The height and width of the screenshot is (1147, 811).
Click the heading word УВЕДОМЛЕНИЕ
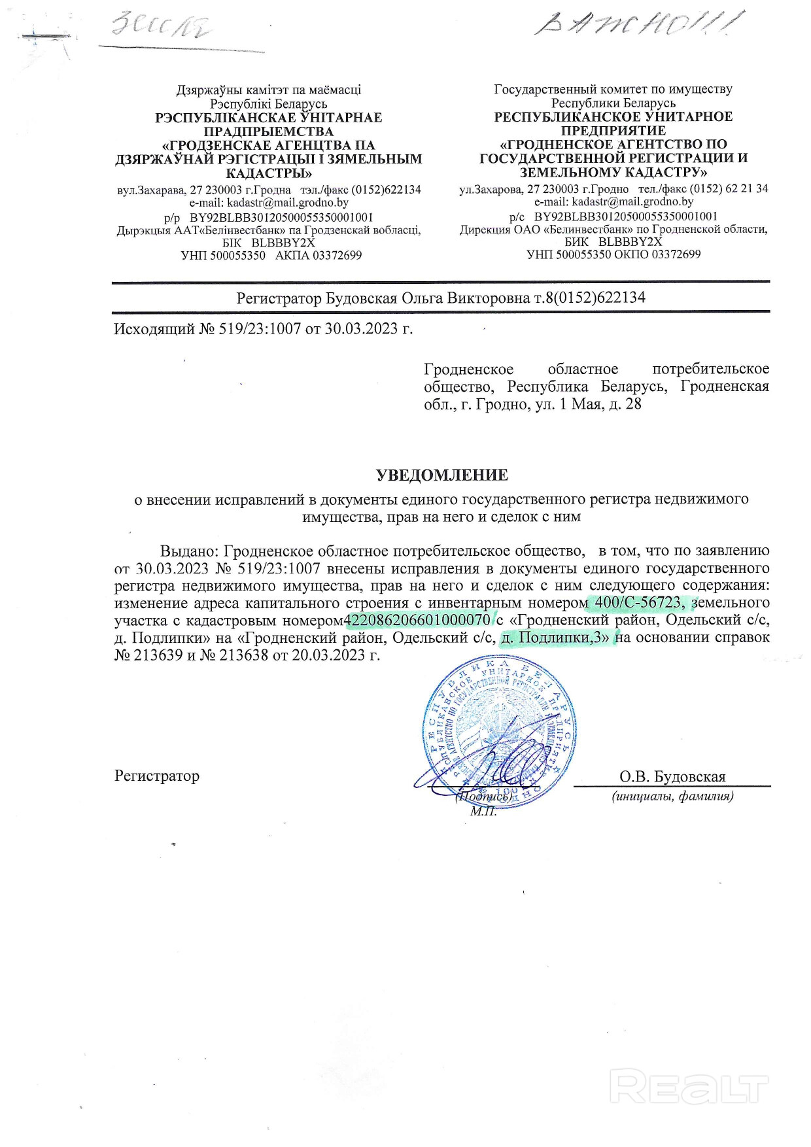click(x=441, y=475)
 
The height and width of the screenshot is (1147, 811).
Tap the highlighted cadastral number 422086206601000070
click(x=417, y=619)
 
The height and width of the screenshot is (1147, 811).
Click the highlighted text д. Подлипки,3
click(x=556, y=637)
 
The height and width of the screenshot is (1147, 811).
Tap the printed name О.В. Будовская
click(x=672, y=777)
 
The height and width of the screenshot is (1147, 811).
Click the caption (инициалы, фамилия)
click(x=672, y=796)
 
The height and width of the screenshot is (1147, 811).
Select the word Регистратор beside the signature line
click(x=157, y=776)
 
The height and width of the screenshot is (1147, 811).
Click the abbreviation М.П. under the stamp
click(x=483, y=812)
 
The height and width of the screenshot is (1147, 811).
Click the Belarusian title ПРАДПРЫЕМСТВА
click(x=269, y=131)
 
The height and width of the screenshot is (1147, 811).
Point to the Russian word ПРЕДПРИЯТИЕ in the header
click(x=613, y=131)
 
